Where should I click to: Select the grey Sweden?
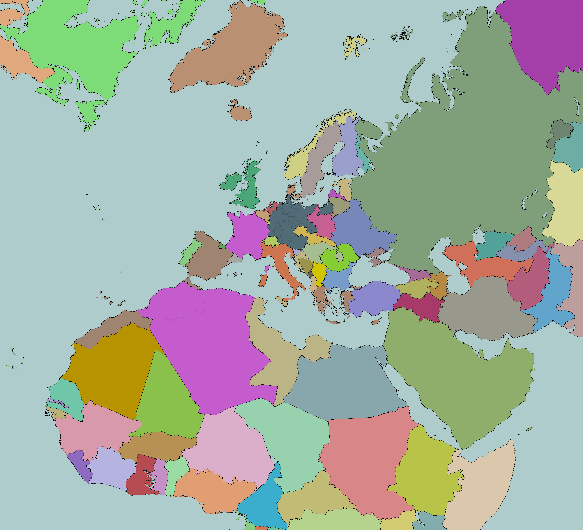point(318,162)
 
